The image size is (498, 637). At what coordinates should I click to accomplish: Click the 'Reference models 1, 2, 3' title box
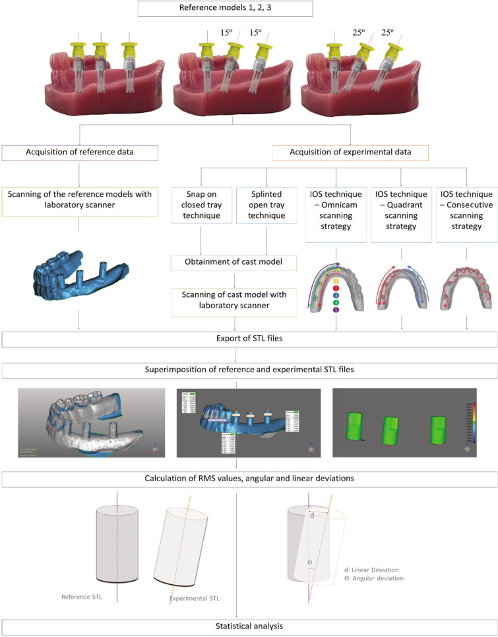pos(249,9)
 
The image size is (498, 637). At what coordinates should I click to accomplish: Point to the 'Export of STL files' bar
pos(249,339)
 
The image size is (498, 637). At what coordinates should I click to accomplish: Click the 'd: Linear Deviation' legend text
pos(374,570)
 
